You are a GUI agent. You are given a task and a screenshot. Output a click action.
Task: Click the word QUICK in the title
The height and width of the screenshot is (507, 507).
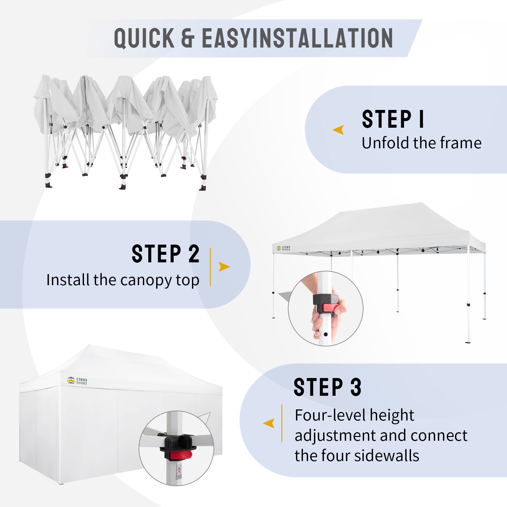coord(144,38)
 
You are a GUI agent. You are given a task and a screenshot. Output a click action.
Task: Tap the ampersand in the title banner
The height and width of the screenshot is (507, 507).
coord(188,38)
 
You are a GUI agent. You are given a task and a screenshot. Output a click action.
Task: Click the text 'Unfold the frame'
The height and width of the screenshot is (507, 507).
coord(421,143)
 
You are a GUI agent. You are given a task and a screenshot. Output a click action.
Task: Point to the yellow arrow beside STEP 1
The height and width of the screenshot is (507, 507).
coord(338,130)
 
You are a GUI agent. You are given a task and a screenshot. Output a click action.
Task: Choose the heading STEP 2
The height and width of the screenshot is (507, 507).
coord(165,254)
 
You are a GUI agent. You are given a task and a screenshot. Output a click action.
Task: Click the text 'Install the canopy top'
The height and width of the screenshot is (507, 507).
coord(123,280)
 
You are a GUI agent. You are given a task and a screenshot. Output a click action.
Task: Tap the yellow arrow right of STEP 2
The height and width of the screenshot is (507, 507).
coord(224,267)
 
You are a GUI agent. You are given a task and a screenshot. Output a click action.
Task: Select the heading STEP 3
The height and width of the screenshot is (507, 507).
coord(327,387)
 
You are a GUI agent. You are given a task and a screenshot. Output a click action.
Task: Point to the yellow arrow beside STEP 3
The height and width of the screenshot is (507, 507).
coord(269,423)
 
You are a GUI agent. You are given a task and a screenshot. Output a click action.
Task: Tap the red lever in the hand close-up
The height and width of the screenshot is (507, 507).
coord(329,308)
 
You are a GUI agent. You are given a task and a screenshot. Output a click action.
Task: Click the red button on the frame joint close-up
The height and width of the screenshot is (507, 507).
coord(181,456)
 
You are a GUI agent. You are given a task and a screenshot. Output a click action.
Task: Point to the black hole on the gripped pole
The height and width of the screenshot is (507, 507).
coord(325,334)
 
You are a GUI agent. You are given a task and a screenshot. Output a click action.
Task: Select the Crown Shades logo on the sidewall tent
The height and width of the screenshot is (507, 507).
coord(77,381)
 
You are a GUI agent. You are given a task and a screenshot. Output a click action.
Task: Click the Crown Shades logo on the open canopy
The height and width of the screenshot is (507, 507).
coord(283,248)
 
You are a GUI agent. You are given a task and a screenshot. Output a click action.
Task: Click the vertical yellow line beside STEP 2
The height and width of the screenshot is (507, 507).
coord(210,267)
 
